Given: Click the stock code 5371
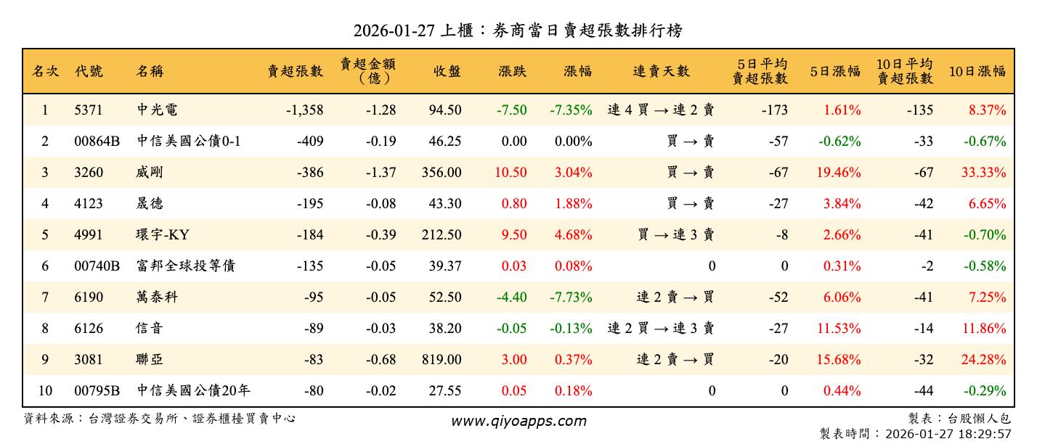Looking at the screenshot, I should click(x=89, y=110).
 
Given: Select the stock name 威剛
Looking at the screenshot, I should click(x=150, y=173).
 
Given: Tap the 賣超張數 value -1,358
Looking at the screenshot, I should click(x=304, y=110).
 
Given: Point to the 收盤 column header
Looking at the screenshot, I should click(x=447, y=71).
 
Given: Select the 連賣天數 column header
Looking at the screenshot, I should click(x=661, y=71).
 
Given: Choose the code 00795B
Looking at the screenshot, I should click(x=97, y=391).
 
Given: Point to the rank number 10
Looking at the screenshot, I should click(x=45, y=391).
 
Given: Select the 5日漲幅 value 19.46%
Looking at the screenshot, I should click(x=842, y=173).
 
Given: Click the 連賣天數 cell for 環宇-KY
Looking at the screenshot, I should click(x=675, y=235).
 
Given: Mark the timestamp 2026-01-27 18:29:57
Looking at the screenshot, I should click(x=944, y=434).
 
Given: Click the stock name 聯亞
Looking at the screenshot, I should click(x=150, y=360).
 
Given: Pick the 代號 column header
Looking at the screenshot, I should click(x=89, y=71).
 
